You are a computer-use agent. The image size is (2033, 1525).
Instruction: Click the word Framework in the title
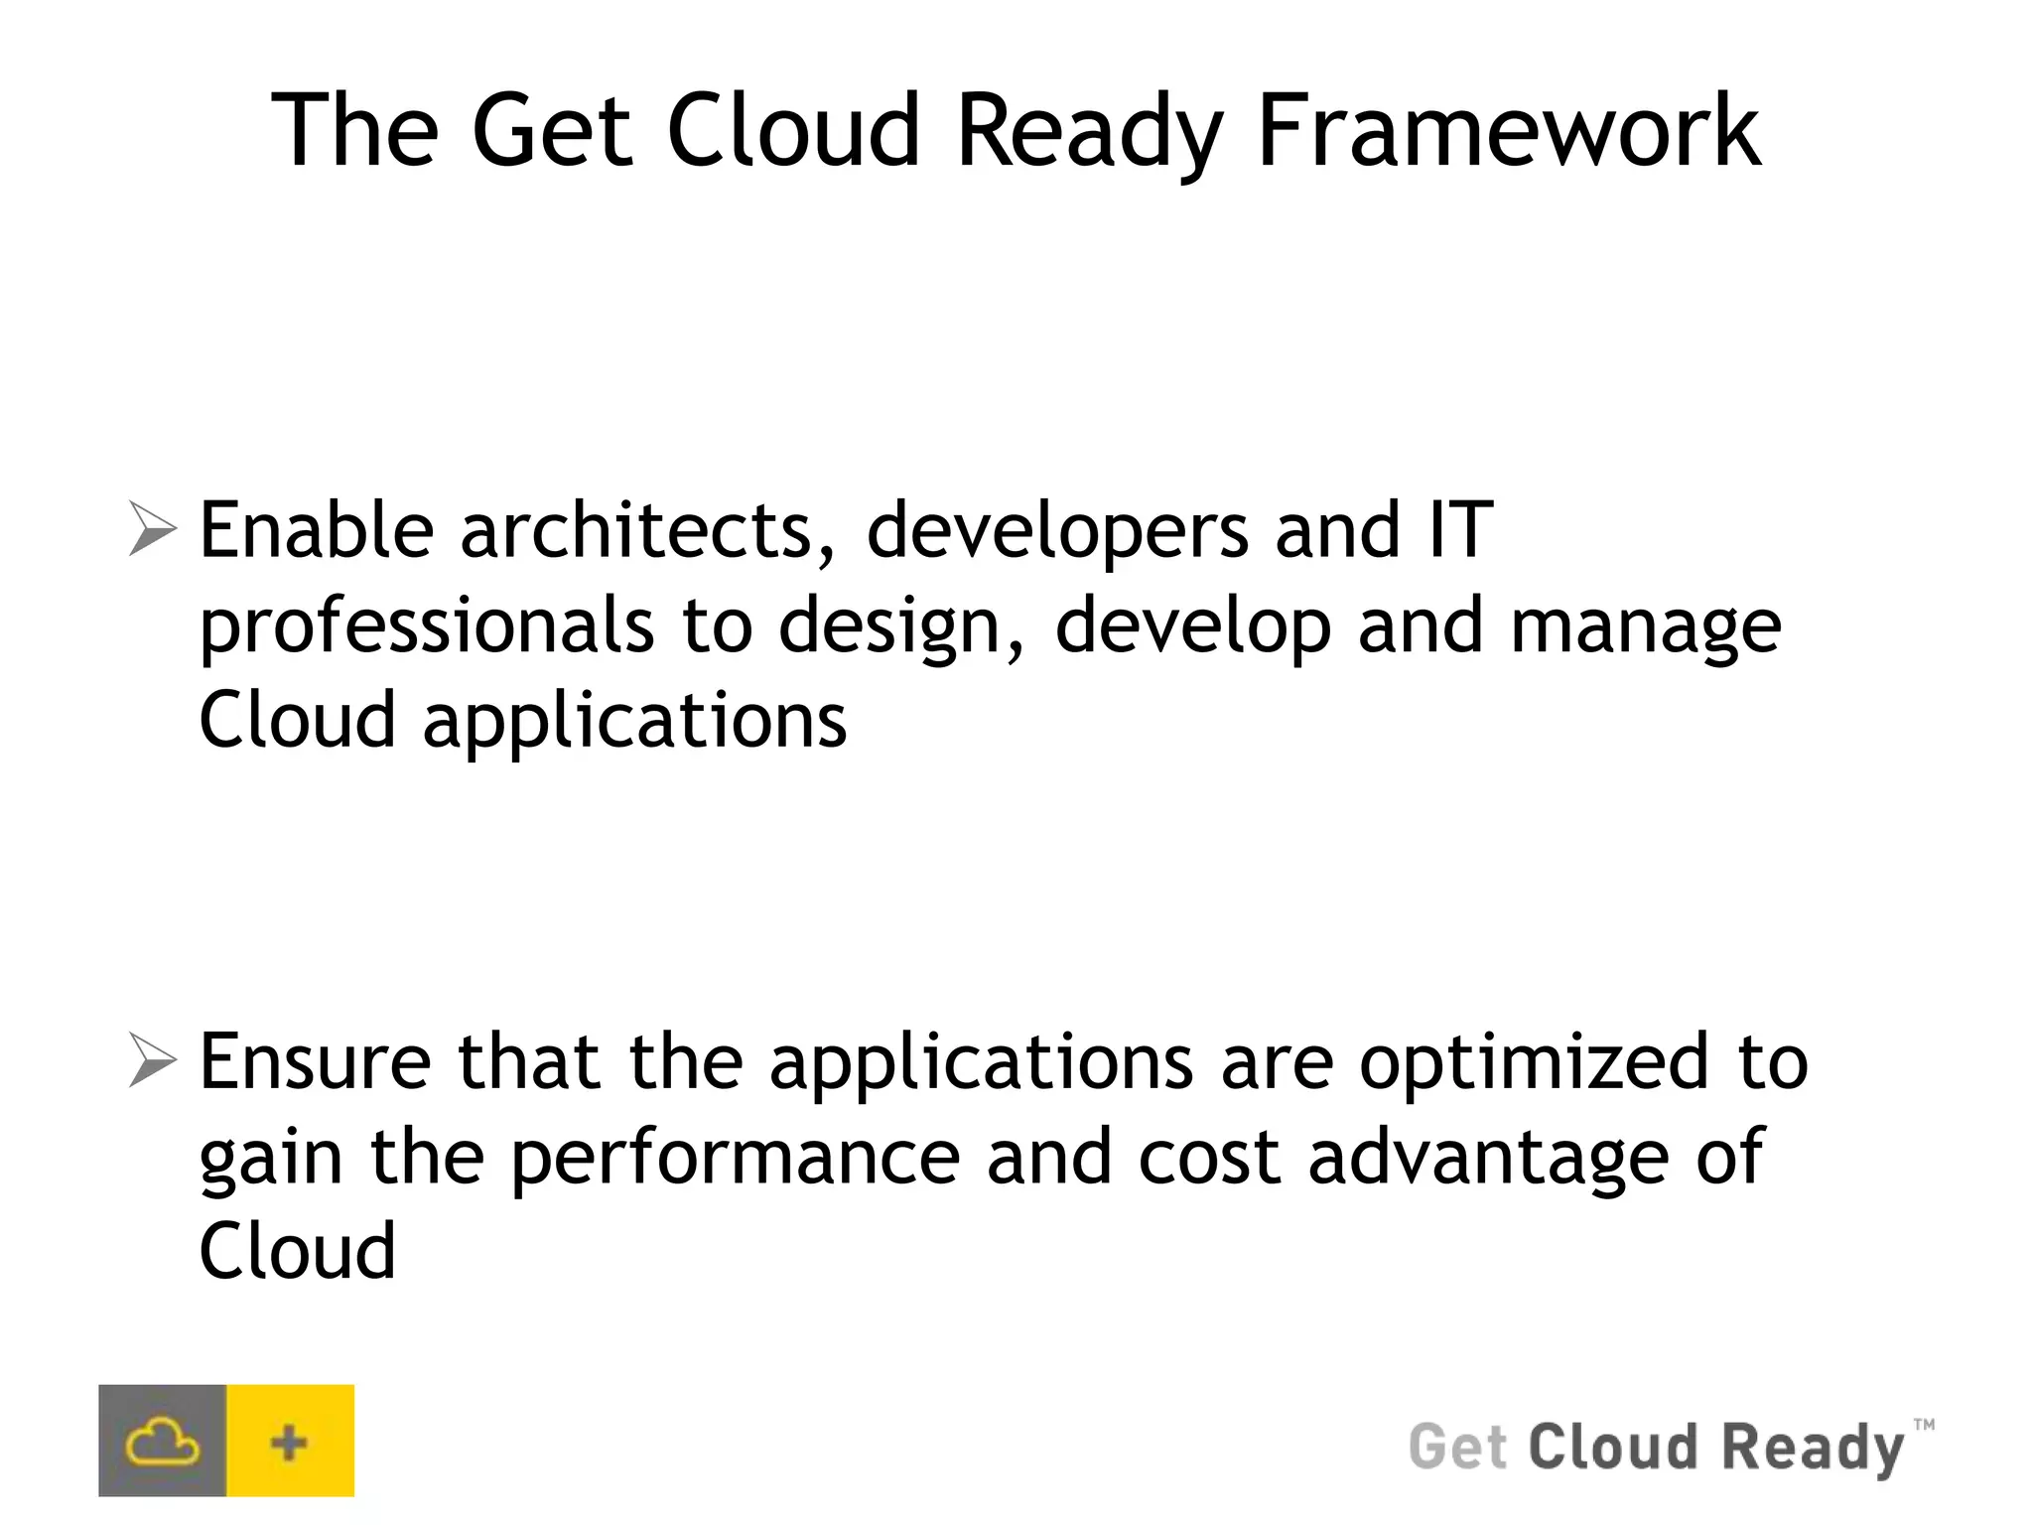[x=1509, y=131]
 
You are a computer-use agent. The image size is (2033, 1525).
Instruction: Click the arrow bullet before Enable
[x=152, y=530]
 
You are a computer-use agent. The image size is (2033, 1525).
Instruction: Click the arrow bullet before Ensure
[x=152, y=1061]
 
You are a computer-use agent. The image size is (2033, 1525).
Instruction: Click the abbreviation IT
[x=1460, y=530]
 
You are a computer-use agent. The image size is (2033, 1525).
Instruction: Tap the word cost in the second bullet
[x=1209, y=1157]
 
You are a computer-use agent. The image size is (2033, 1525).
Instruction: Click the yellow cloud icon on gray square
[x=162, y=1441]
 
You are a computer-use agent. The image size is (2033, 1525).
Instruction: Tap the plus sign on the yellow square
[x=290, y=1441]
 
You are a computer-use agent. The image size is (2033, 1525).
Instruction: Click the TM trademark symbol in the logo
[x=1923, y=1425]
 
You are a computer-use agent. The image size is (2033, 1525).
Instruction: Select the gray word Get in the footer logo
[x=1457, y=1447]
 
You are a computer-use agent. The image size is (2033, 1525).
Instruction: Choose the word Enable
[x=317, y=530]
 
